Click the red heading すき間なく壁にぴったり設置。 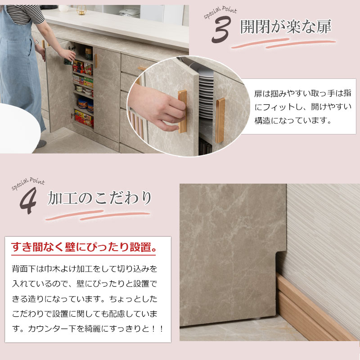84,247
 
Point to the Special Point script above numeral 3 220,13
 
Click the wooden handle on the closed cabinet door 95,61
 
